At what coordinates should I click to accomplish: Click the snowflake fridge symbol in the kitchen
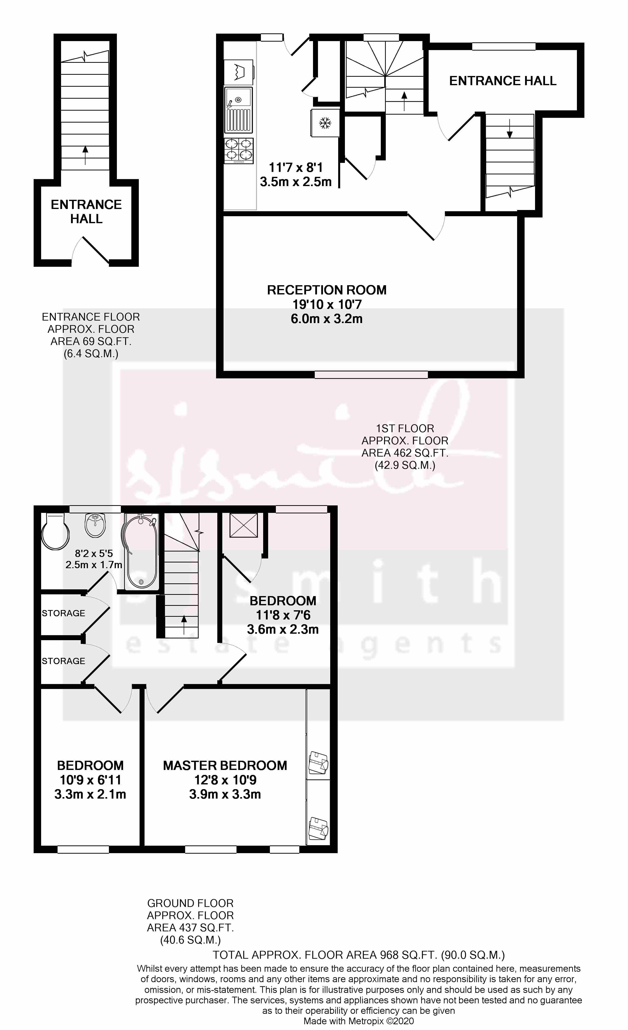325,123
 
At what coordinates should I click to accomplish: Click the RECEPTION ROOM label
326,290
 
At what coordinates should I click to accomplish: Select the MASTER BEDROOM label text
225,765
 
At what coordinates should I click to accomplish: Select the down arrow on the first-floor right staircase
509,128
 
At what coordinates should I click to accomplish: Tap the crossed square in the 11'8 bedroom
243,525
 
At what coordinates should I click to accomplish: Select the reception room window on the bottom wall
371,375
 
